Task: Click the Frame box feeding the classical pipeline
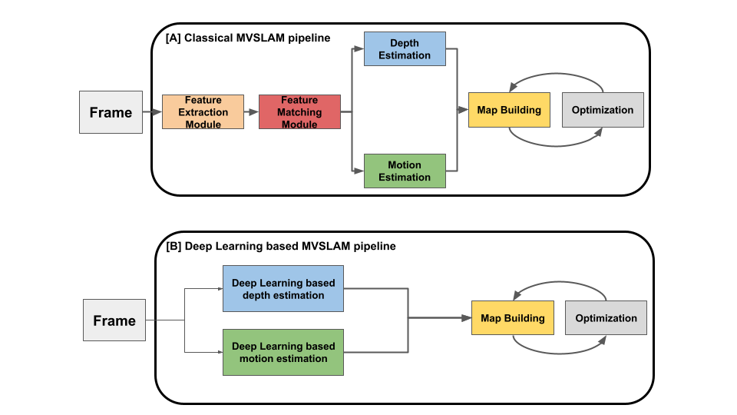coord(111,112)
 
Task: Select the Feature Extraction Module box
coord(203,112)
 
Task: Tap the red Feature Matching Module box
coord(299,112)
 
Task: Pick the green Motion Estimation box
coord(405,171)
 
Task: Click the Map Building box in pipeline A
coord(509,110)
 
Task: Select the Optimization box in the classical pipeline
coord(603,110)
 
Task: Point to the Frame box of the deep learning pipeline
coord(114,320)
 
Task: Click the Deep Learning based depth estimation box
coord(283,289)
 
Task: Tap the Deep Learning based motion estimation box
coord(283,352)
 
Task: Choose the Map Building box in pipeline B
coord(512,318)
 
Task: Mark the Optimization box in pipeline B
coord(606,318)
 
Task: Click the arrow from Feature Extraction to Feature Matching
coord(251,112)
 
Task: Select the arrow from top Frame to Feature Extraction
coord(152,112)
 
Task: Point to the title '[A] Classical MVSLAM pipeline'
coord(248,37)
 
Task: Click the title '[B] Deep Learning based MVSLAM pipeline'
coord(281,247)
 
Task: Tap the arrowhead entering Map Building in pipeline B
coord(466,317)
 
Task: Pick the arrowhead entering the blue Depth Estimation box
coord(359,48)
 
